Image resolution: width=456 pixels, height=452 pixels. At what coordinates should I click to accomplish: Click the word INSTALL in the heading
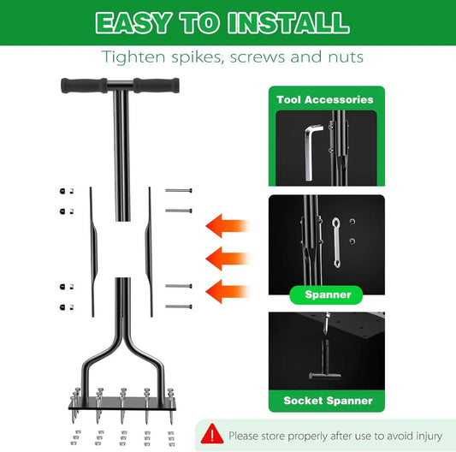(x=281, y=22)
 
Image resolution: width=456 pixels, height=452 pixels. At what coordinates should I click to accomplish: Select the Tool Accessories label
(x=325, y=99)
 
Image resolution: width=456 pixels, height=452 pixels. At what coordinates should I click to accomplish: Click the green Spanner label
(x=329, y=294)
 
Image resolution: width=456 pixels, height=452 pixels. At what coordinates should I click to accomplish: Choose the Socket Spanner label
(x=328, y=400)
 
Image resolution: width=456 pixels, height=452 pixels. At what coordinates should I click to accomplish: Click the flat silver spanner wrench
(x=337, y=241)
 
